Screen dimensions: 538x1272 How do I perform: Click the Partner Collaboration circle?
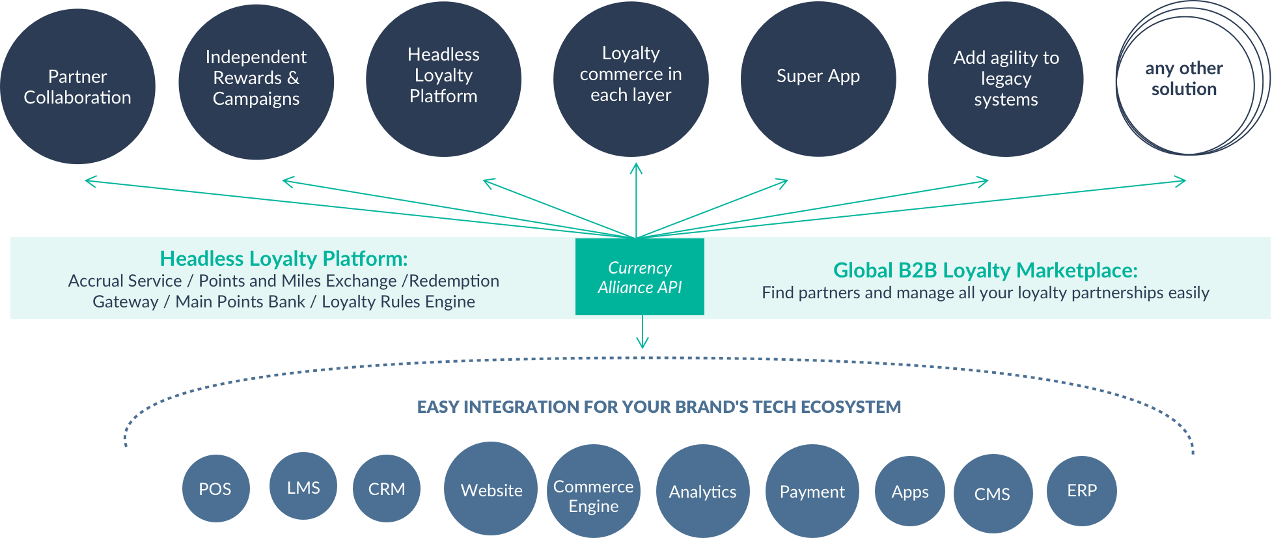pos(77,87)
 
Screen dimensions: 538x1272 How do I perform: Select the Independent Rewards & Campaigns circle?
pos(256,81)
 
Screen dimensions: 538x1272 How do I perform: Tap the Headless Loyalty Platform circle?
pos(443,78)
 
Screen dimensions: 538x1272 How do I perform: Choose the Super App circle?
pos(818,78)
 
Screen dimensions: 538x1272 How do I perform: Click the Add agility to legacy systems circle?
pos(1006,79)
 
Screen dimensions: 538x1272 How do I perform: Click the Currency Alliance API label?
pos(639,278)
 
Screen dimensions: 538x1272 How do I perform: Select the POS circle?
pos(215,488)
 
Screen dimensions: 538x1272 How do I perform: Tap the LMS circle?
pos(303,487)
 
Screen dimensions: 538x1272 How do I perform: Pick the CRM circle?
pos(387,488)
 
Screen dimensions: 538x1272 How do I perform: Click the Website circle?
pos(491,489)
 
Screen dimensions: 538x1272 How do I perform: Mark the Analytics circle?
pos(703,492)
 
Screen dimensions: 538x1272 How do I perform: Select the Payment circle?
pos(812,492)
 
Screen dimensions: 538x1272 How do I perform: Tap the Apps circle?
pos(909,492)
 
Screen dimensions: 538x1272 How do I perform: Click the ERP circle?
pos(1082,490)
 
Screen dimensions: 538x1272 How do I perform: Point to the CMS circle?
pos(993,494)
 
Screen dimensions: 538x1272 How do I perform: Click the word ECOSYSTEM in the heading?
pos(850,407)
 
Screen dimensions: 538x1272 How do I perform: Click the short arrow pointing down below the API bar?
pos(643,334)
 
